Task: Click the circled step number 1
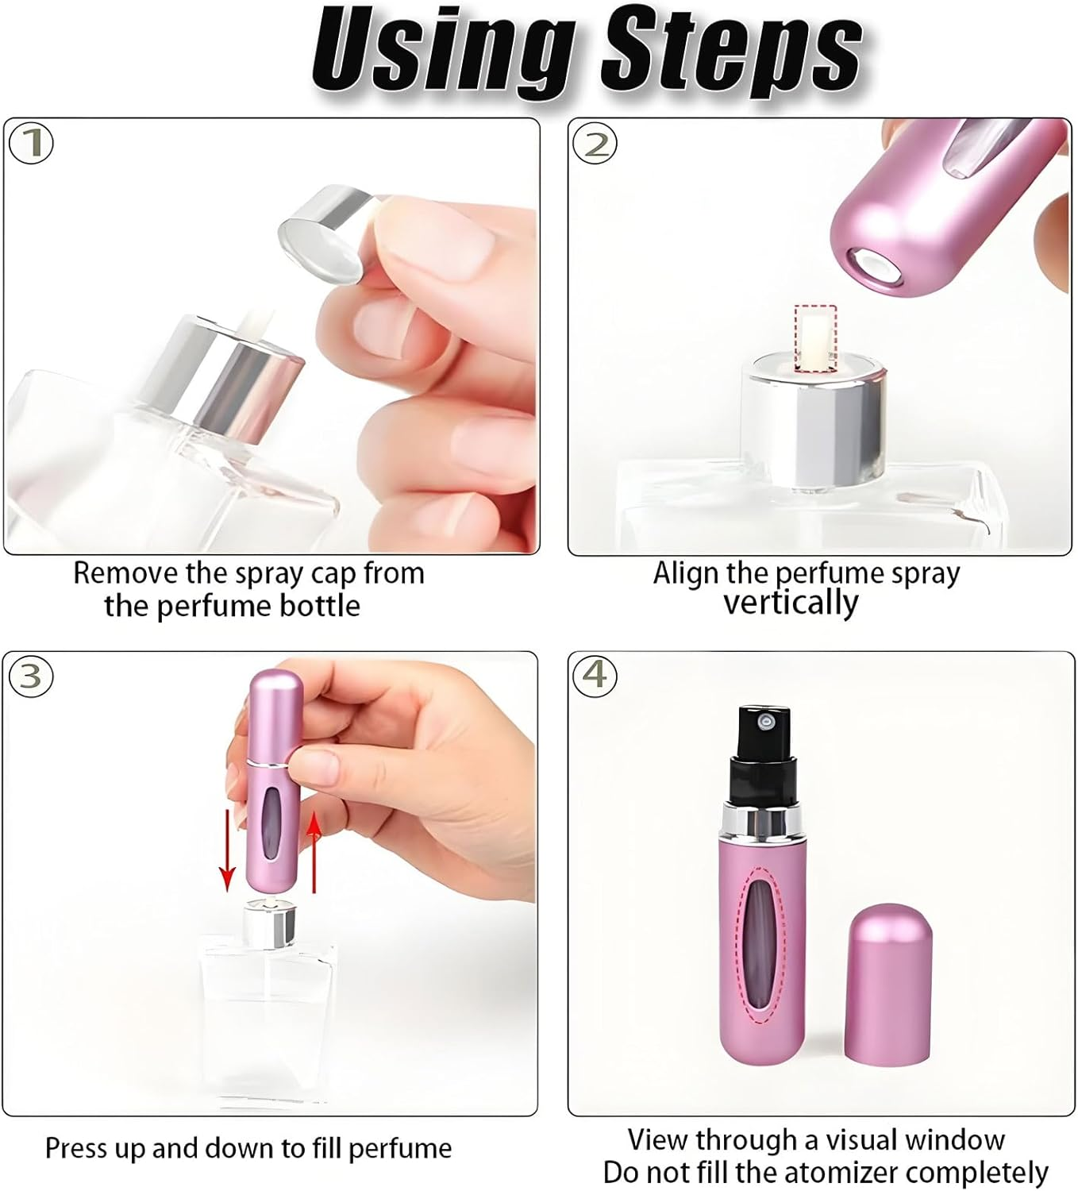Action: (x=31, y=144)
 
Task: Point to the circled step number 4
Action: (x=595, y=675)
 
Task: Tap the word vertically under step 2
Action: (x=791, y=603)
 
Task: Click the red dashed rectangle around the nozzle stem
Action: (x=815, y=337)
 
